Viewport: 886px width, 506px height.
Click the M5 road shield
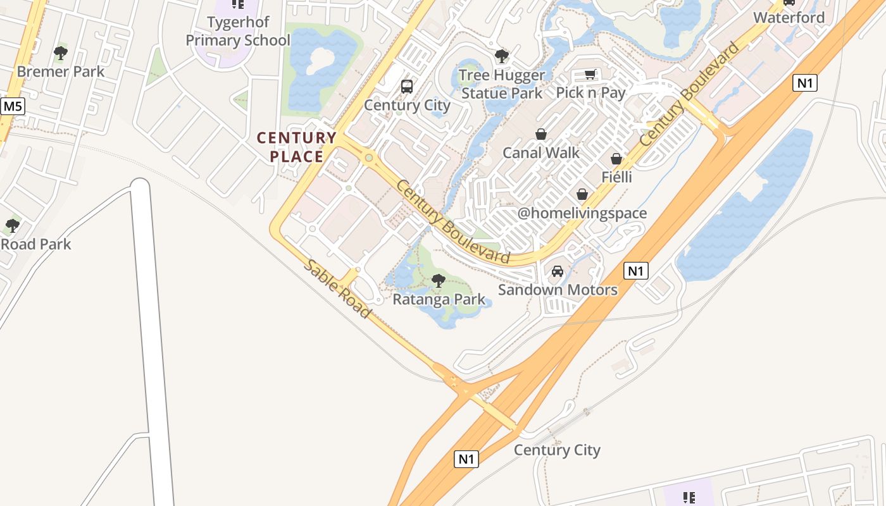pos(12,106)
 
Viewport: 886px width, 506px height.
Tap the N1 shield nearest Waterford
pos(804,83)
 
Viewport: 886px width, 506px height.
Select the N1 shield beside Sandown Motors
pos(636,271)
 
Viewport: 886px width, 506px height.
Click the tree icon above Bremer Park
pos(61,53)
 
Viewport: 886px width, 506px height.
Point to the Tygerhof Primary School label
pos(237,31)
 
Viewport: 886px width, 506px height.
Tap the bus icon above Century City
pos(407,87)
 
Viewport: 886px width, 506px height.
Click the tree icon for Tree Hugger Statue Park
pos(502,57)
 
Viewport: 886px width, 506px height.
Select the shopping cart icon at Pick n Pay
pos(590,75)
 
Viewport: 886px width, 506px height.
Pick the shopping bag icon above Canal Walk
pos(541,134)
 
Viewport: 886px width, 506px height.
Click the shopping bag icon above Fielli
pos(616,159)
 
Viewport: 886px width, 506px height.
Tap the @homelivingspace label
pos(582,213)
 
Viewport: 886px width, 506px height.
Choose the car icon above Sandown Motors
pos(558,271)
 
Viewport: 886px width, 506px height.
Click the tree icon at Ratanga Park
pos(438,280)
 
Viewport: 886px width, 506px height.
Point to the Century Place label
pos(297,147)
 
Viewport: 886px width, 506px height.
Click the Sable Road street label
pos(337,289)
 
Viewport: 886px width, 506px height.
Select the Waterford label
pos(789,18)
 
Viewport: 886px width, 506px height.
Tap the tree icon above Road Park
pos(12,226)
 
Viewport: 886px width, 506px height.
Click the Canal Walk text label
pos(541,152)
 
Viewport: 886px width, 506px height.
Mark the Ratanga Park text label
pos(439,299)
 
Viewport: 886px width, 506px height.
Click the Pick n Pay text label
pos(590,93)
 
